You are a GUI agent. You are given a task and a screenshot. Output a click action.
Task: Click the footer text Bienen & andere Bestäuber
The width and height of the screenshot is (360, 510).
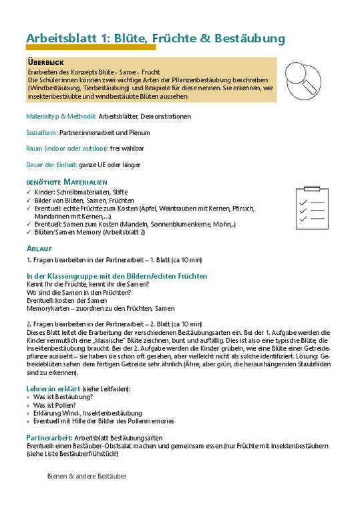87,477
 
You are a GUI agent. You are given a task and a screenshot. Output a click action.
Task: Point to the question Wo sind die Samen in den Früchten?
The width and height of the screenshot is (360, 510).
78,292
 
